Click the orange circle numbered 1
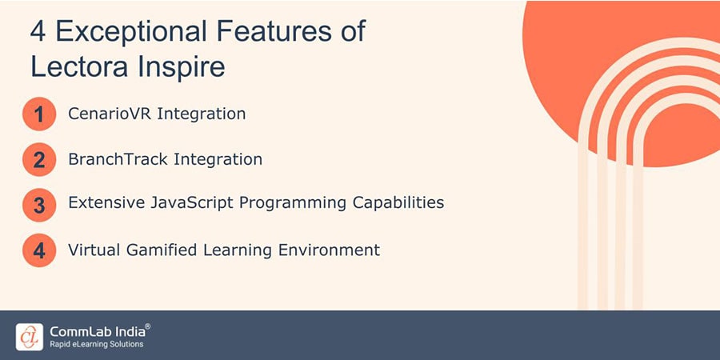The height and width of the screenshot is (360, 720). click(x=39, y=114)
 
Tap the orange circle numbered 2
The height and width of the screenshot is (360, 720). click(x=39, y=160)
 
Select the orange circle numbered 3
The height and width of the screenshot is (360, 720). click(x=39, y=205)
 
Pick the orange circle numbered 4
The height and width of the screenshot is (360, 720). click(x=39, y=250)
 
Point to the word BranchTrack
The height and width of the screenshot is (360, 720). click(x=115, y=159)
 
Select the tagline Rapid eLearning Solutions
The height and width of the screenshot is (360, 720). click(x=96, y=345)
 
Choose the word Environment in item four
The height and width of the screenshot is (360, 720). click(x=328, y=250)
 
